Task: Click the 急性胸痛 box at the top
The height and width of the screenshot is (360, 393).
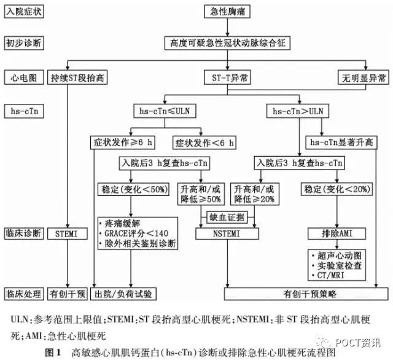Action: coord(227,12)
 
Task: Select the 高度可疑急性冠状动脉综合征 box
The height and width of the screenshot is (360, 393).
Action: coord(227,43)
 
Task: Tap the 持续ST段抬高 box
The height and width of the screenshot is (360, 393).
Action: coord(77,77)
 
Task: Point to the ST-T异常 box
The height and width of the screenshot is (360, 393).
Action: coord(227,77)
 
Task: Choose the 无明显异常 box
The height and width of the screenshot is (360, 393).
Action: coord(363,77)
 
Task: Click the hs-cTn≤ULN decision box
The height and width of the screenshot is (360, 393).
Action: coord(165,111)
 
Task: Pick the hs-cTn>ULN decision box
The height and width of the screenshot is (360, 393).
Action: coord(297,111)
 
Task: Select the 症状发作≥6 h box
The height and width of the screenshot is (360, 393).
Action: coord(123,143)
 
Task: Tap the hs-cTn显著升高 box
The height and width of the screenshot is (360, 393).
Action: coord(341,143)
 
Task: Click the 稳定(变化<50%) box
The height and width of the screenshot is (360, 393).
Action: coord(133,189)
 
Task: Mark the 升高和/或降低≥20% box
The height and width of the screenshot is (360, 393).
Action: coord(254,194)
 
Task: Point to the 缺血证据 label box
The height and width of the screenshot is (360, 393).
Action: coord(227,217)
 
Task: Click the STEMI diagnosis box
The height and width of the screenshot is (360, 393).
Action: coord(67,233)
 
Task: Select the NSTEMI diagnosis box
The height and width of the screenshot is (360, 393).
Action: coord(227,233)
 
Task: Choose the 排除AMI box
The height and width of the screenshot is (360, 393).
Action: coord(337,233)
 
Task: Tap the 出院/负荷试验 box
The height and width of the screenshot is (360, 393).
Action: coord(123,294)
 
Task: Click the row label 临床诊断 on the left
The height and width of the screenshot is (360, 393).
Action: coord(24,233)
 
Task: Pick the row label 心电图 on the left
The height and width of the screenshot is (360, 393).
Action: coord(24,77)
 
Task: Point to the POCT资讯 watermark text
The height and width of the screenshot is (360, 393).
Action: coord(358,342)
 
